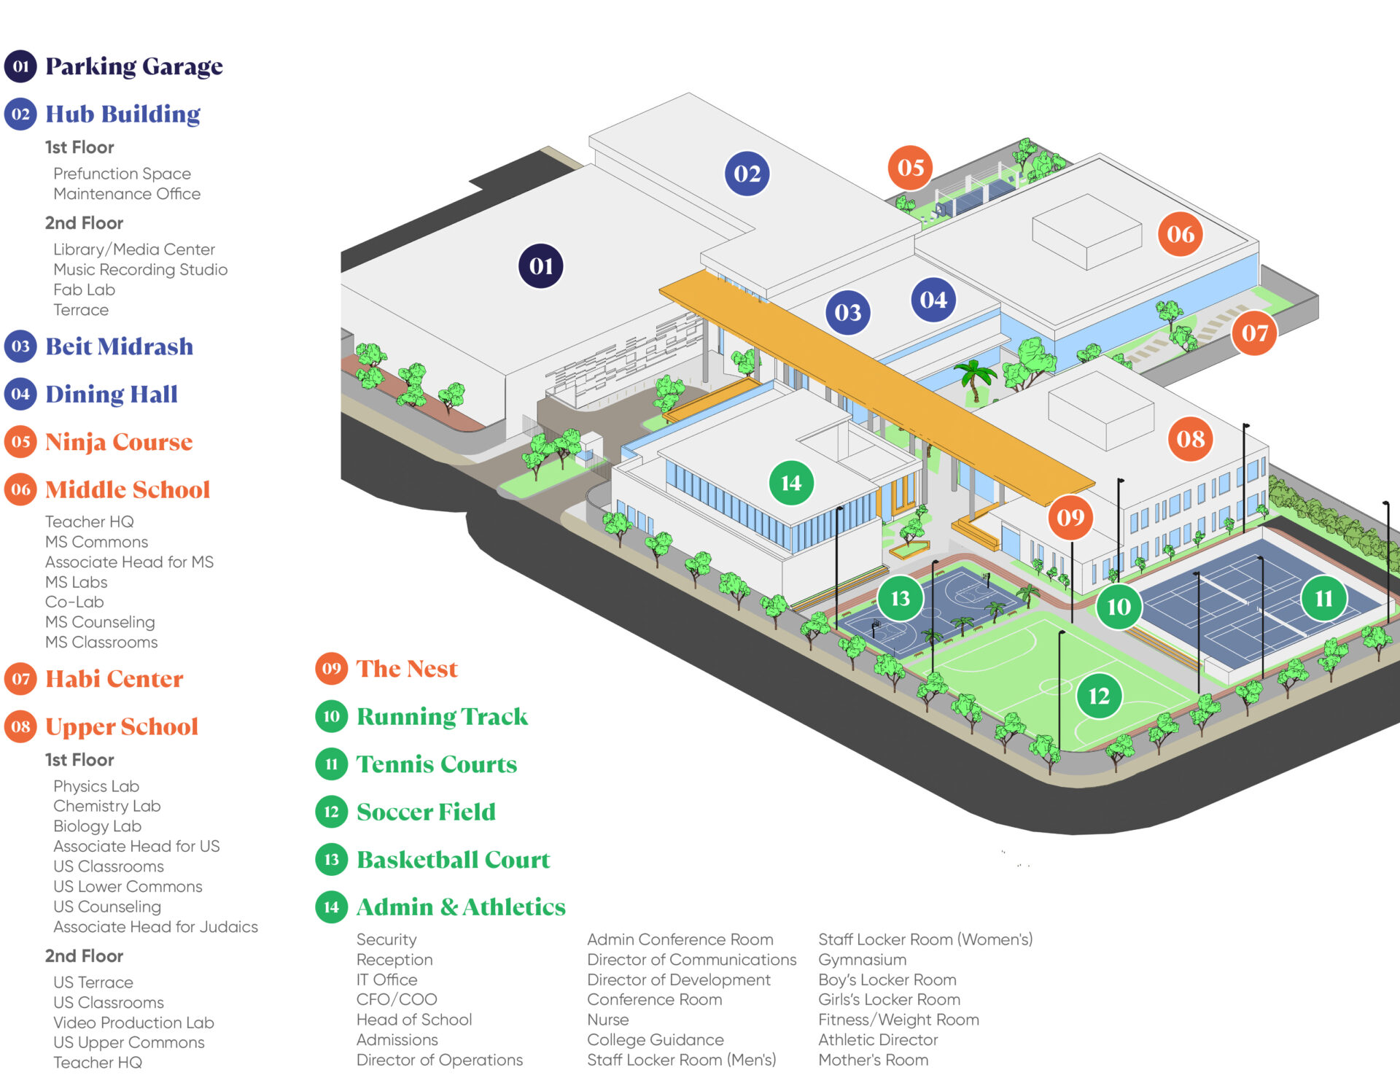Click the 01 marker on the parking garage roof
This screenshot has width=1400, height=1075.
(x=540, y=266)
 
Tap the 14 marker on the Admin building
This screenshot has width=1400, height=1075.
(x=791, y=483)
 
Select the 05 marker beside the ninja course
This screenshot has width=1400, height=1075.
(x=911, y=168)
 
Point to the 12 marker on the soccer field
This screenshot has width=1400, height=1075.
(x=1098, y=696)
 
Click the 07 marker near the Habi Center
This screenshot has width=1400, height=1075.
(x=1254, y=333)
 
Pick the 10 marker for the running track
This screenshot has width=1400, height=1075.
(x=1119, y=607)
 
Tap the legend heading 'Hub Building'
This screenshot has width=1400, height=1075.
(x=122, y=115)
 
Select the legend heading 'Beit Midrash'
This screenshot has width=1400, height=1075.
(x=119, y=346)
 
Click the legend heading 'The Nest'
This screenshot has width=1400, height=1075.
(x=407, y=669)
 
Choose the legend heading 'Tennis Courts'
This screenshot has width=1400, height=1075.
(x=436, y=764)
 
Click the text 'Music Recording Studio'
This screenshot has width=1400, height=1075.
(x=140, y=270)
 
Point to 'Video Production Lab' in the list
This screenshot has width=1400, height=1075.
(x=133, y=1022)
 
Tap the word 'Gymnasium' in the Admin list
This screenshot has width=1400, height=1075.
(x=862, y=960)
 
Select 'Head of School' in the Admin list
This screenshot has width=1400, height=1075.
(x=413, y=1020)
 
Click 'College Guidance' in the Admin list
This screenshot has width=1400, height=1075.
(x=656, y=1040)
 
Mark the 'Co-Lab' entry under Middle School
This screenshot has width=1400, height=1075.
(x=74, y=602)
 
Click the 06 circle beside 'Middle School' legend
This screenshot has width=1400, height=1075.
(x=20, y=489)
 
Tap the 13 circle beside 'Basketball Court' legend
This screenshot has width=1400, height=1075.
(x=331, y=860)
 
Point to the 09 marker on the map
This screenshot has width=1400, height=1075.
(x=1070, y=518)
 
